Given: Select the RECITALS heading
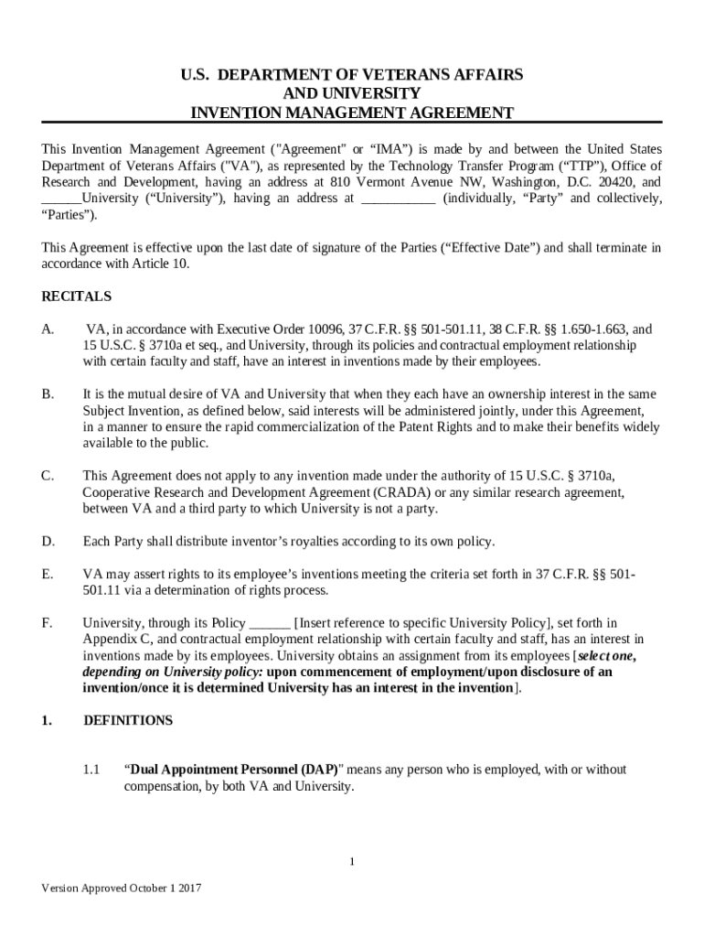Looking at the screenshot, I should click(x=77, y=296).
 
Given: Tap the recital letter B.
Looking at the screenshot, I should click(x=48, y=393).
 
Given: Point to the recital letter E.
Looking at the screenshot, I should click(x=48, y=574).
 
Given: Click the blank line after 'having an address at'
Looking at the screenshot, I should click(x=398, y=199).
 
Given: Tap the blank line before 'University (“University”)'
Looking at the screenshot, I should click(x=61, y=199).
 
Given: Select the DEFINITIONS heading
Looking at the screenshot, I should click(x=128, y=720).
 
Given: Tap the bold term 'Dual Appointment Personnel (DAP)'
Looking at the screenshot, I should click(x=231, y=770).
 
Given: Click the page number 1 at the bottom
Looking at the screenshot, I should click(x=352, y=861).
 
